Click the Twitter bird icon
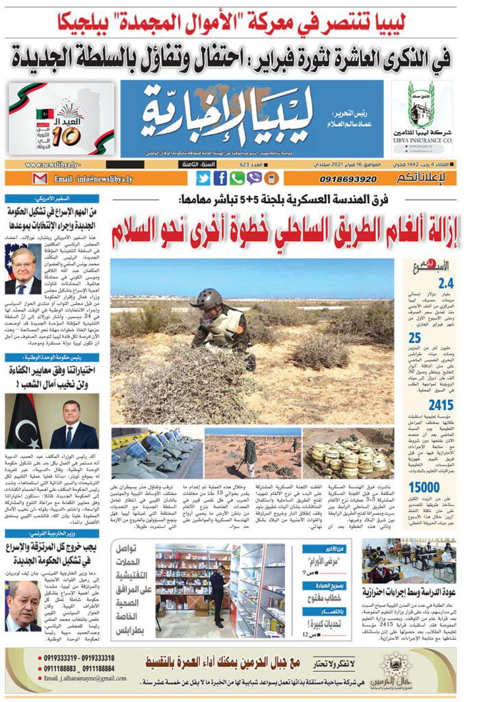(203, 178)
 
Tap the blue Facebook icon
(221, 178)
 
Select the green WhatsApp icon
(237, 178)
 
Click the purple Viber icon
(254, 178)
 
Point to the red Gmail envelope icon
(40, 179)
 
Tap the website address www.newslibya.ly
(52, 165)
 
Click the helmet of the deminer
(206, 299)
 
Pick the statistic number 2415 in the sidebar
(441, 404)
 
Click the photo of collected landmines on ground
(349, 452)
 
